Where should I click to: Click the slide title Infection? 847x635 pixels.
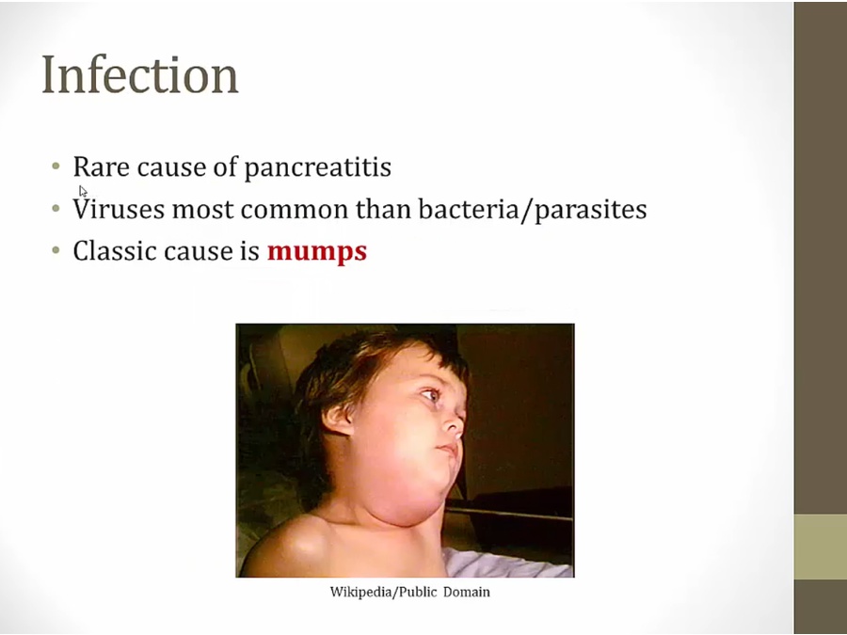[140, 74]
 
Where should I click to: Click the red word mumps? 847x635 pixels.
[317, 252]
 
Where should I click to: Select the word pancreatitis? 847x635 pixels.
[318, 167]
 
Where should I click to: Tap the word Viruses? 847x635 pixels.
[119, 209]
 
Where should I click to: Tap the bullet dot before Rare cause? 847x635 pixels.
[56, 167]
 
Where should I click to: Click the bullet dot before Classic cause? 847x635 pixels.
[56, 250]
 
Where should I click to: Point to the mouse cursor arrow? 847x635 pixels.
[83, 191]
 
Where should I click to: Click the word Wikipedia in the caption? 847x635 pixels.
[362, 593]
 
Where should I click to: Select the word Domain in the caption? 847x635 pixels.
[467, 593]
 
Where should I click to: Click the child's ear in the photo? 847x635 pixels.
[338, 420]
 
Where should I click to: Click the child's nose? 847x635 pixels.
[456, 426]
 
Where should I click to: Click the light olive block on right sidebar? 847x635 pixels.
[820, 547]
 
